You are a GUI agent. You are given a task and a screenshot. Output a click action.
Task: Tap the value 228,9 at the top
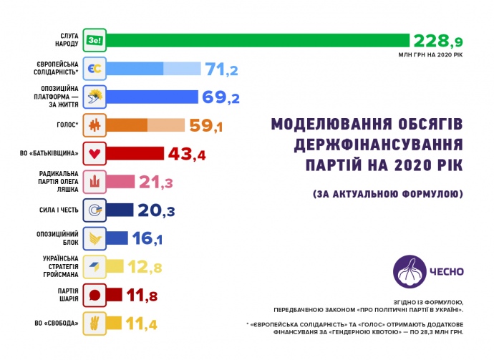click(x=438, y=40)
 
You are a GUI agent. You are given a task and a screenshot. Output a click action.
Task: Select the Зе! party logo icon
click(x=95, y=40)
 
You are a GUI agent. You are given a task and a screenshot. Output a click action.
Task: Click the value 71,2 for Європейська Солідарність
click(x=222, y=69)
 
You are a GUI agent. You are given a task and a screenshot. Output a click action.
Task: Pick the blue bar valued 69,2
click(x=152, y=97)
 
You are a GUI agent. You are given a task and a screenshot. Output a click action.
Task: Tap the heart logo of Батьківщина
click(x=95, y=153)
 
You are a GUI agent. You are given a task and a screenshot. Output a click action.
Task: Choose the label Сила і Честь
click(x=62, y=210)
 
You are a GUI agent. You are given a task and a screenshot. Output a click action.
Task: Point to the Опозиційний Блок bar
click(x=117, y=238)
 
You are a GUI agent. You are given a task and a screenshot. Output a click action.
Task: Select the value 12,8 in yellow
click(x=147, y=266)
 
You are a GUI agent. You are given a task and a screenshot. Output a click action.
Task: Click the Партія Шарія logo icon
click(x=95, y=294)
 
